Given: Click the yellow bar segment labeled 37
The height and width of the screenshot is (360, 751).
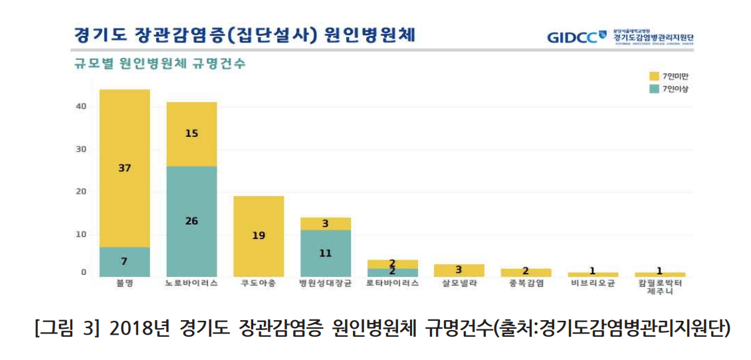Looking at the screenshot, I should [x=124, y=168].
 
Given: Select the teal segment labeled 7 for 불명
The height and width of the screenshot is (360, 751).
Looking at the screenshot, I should [x=124, y=262].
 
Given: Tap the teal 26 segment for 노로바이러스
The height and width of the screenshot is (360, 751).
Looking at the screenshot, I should [x=191, y=221].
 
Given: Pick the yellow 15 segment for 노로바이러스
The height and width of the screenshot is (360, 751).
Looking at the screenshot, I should [x=191, y=134].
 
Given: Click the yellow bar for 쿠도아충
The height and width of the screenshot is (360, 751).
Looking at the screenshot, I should [x=259, y=236].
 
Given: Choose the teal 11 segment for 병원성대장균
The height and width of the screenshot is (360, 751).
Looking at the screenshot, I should [x=325, y=253].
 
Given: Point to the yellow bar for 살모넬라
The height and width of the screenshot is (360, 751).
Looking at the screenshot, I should [x=459, y=270].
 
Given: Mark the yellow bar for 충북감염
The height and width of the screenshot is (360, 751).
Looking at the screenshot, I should [x=526, y=272].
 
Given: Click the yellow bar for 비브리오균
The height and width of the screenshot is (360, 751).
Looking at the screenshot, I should [x=592, y=274].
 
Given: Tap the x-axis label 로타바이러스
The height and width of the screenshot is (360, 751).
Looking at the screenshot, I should [x=392, y=283].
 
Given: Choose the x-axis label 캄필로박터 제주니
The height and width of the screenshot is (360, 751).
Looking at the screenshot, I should [x=659, y=287].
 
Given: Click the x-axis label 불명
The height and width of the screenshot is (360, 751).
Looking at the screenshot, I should [x=124, y=283].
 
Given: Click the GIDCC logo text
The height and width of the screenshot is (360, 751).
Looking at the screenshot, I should [x=572, y=37].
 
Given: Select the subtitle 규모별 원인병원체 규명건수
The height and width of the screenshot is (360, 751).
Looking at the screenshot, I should [x=159, y=64].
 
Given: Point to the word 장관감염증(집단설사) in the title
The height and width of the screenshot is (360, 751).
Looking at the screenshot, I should [x=222, y=35].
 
